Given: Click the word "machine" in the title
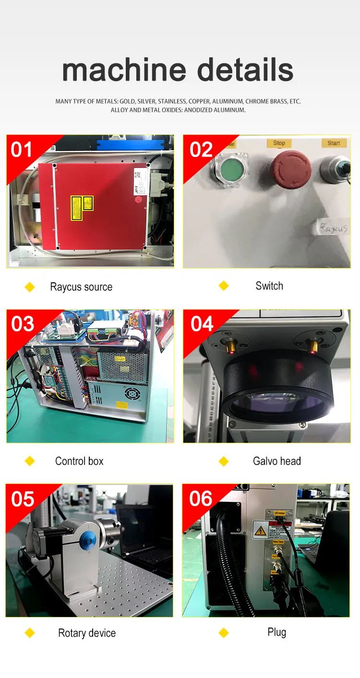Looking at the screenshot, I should tap(123, 70).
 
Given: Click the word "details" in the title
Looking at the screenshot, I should tap(245, 70).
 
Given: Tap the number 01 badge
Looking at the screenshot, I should tap(22, 150).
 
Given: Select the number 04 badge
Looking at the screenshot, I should tap(202, 324).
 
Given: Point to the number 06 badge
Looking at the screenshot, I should tap(201, 499).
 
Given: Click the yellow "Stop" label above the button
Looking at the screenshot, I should tap(279, 143).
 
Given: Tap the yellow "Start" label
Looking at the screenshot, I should tap(334, 143).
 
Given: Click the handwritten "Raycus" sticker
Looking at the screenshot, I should tap(332, 228).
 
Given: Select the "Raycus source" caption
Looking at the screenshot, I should tap(81, 287).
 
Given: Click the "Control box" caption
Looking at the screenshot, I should tap(79, 461).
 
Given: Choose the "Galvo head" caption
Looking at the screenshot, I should tap(276, 461).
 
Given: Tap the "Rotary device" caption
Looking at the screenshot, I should tap(87, 633).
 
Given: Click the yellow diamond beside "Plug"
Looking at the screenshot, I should tap(224, 633).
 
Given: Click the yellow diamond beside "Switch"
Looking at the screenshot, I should tap(224, 286).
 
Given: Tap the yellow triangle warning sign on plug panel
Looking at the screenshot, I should tap(260, 530).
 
